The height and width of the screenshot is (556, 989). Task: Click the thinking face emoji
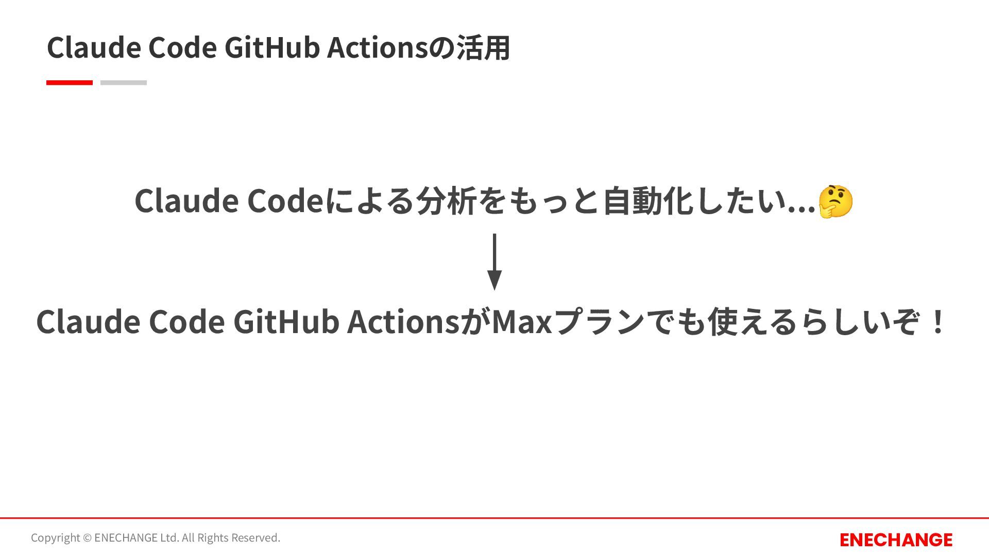click(835, 201)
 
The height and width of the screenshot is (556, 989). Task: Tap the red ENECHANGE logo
click(896, 540)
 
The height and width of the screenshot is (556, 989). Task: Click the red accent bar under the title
click(70, 82)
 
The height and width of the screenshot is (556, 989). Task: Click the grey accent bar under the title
click(124, 82)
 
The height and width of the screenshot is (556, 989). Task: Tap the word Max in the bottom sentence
click(521, 322)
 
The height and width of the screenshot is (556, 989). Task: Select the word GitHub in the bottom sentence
click(286, 322)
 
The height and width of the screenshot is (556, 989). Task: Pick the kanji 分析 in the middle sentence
click(446, 201)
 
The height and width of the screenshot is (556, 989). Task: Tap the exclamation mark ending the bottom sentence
click(939, 322)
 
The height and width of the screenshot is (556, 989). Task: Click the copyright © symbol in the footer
click(87, 538)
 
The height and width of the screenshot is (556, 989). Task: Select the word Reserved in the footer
click(256, 538)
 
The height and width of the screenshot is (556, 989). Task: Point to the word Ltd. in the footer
click(169, 538)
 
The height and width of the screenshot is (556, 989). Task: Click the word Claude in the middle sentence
click(186, 201)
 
